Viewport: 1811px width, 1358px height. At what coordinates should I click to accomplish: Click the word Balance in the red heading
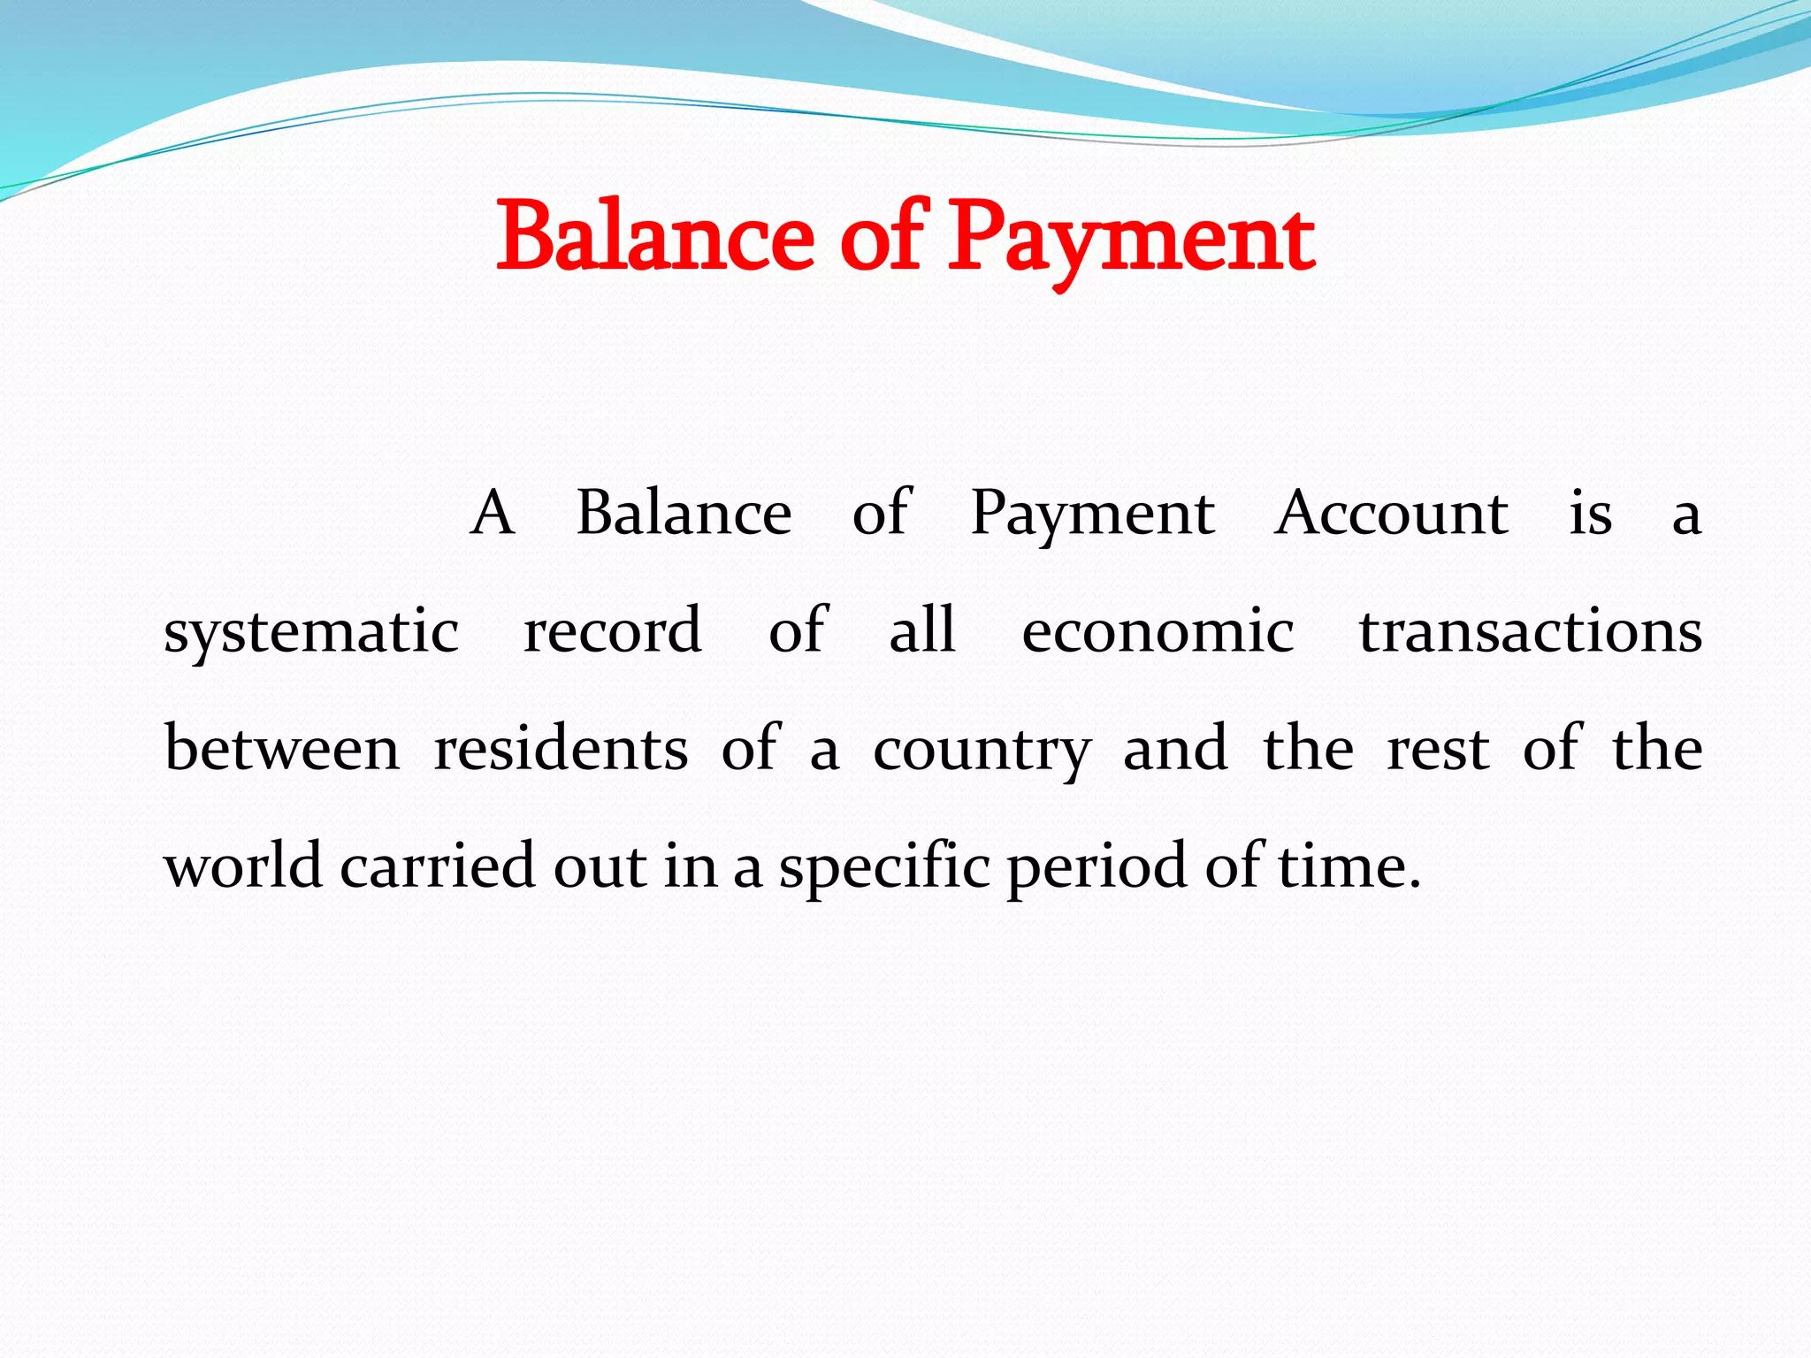(654, 237)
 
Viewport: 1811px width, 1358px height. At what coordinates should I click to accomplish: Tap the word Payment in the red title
(1131, 239)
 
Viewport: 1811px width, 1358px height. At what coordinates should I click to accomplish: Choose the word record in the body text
(613, 630)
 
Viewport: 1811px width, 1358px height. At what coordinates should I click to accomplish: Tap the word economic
(1158, 631)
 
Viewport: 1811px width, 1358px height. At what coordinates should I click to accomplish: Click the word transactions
(1531, 631)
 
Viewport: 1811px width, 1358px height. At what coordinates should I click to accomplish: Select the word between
(282, 749)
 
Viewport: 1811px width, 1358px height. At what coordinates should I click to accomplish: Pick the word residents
(561, 749)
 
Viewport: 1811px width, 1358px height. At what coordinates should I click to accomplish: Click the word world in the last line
(243, 866)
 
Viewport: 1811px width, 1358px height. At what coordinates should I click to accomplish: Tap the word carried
(438, 866)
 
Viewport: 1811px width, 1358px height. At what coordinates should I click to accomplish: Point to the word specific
(884, 867)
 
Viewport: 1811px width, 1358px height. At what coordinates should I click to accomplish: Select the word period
(1097, 867)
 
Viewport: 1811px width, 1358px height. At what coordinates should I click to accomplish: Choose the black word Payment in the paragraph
(1093, 515)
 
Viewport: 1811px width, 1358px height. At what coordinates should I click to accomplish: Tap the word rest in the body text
(1438, 749)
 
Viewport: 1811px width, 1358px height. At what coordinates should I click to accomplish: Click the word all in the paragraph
(922, 630)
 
